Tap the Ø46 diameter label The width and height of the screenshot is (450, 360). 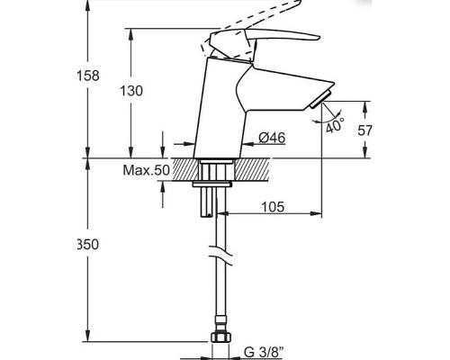[270, 138]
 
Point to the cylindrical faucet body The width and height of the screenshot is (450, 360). [217, 117]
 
